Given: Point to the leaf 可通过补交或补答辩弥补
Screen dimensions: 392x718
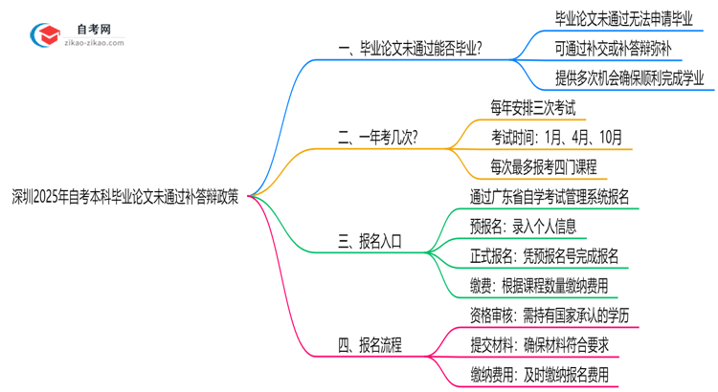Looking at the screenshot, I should [x=620, y=48].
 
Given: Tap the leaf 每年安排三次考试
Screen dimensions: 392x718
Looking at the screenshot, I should [x=533, y=108].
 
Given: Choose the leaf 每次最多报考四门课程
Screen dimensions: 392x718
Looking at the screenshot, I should [x=542, y=167].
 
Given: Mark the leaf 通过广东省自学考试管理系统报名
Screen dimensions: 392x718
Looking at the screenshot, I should [x=550, y=197].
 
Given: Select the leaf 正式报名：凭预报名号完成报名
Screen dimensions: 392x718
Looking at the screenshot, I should [x=543, y=256].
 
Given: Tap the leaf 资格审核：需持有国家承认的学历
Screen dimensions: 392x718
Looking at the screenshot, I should [x=550, y=316].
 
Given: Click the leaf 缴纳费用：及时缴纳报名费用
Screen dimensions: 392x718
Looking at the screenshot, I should [x=538, y=375].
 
